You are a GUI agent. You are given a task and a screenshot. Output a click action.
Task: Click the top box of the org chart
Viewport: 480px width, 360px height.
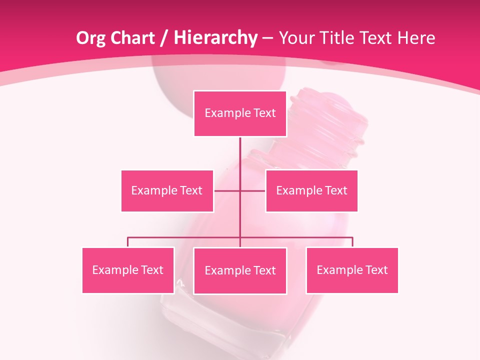pyautogui.click(x=240, y=113)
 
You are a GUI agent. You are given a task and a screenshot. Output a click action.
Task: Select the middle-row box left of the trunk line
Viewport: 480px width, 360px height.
pyautogui.click(x=167, y=190)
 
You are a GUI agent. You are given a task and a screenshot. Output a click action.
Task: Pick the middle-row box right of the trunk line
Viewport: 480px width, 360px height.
pyautogui.click(x=311, y=190)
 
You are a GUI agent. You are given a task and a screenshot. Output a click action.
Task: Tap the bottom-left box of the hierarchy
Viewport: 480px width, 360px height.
pyautogui.click(x=128, y=270)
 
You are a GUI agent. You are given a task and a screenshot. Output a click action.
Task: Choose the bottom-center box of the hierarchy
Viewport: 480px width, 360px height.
pyautogui.click(x=240, y=270)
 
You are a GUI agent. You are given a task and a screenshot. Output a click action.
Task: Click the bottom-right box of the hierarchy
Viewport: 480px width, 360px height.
pyautogui.click(x=352, y=270)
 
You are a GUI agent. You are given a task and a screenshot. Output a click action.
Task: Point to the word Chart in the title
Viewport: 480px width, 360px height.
pyautogui.click(x=133, y=38)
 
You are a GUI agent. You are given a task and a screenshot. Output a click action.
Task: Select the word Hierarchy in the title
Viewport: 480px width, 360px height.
pyautogui.click(x=215, y=38)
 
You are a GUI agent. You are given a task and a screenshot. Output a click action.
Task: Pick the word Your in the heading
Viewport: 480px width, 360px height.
pyautogui.click(x=295, y=38)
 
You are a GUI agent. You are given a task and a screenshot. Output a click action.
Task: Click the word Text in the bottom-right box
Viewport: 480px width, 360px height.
pyautogui.click(x=376, y=270)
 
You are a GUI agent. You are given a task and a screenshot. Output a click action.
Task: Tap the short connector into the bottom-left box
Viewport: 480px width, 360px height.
pyautogui.click(x=128, y=242)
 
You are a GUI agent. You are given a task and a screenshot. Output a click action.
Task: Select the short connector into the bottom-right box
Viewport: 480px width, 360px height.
pyautogui.click(x=352, y=242)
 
